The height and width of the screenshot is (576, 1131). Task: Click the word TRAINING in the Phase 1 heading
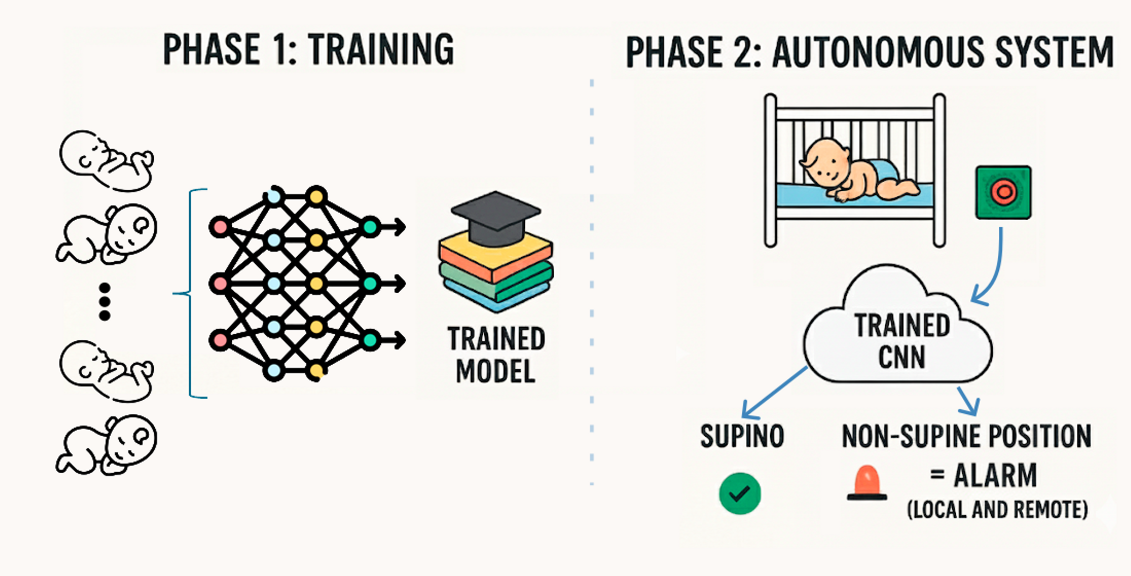click(x=380, y=50)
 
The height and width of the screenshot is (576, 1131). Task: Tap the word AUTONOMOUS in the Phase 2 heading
click(x=879, y=52)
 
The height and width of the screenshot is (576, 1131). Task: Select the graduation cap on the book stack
click(x=495, y=217)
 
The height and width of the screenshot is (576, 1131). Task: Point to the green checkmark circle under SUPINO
click(x=740, y=494)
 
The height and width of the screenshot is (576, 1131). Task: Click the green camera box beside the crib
click(x=1003, y=192)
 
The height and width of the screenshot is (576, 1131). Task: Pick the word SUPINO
click(x=742, y=436)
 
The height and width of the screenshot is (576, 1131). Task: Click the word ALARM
click(x=995, y=475)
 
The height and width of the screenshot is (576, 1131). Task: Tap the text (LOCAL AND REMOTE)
click(x=997, y=510)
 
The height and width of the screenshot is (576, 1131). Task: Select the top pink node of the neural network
click(x=220, y=227)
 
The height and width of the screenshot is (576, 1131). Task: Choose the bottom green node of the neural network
click(x=370, y=339)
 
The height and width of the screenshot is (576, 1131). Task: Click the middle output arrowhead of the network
click(x=400, y=283)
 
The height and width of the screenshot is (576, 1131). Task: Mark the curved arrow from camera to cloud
click(x=993, y=271)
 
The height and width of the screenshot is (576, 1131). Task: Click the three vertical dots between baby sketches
click(x=105, y=302)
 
